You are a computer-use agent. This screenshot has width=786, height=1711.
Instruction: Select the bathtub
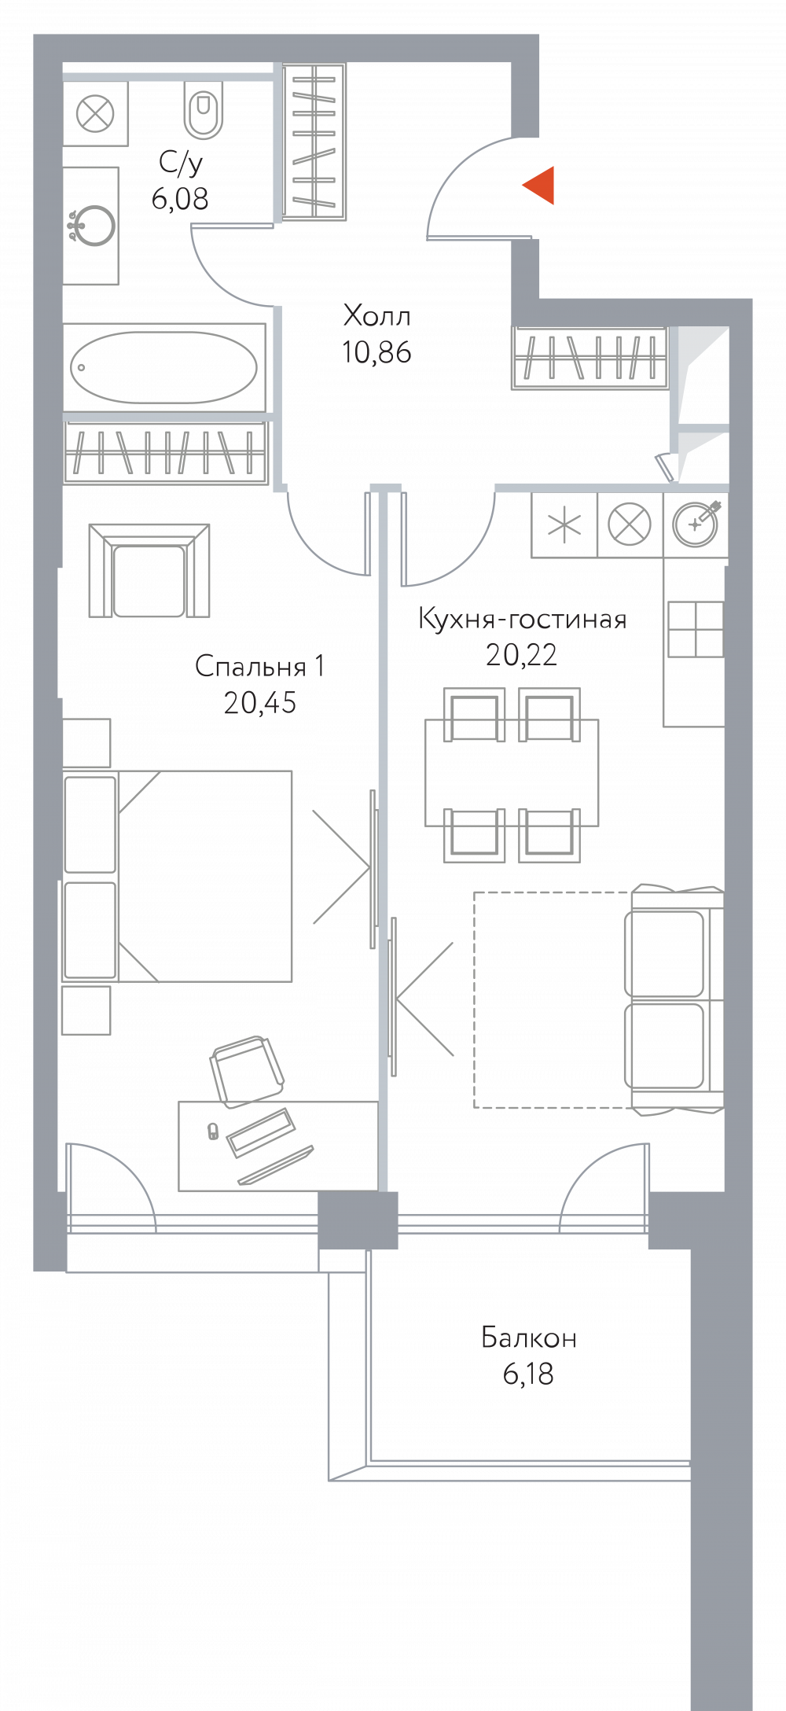(164, 367)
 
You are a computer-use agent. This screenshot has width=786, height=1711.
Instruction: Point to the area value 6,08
(180, 199)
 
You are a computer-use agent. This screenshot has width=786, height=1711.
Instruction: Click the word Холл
(377, 316)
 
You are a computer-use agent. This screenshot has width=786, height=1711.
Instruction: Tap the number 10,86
(376, 352)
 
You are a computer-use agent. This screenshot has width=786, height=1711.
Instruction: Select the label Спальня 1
(259, 666)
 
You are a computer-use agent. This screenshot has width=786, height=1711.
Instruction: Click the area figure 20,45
(260, 702)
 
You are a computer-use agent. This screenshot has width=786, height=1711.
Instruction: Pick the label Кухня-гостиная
(522, 619)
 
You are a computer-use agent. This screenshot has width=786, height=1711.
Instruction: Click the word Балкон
(529, 1338)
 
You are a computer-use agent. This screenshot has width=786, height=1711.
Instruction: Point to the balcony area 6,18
(528, 1374)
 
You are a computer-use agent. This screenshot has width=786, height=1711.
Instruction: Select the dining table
(512, 773)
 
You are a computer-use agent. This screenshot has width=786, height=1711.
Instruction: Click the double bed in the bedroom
(177, 876)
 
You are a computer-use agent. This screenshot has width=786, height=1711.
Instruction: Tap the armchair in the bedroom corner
(149, 571)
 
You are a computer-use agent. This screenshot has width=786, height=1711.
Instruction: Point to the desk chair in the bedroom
(247, 1071)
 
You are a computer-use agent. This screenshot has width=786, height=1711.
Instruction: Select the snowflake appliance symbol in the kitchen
(564, 524)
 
